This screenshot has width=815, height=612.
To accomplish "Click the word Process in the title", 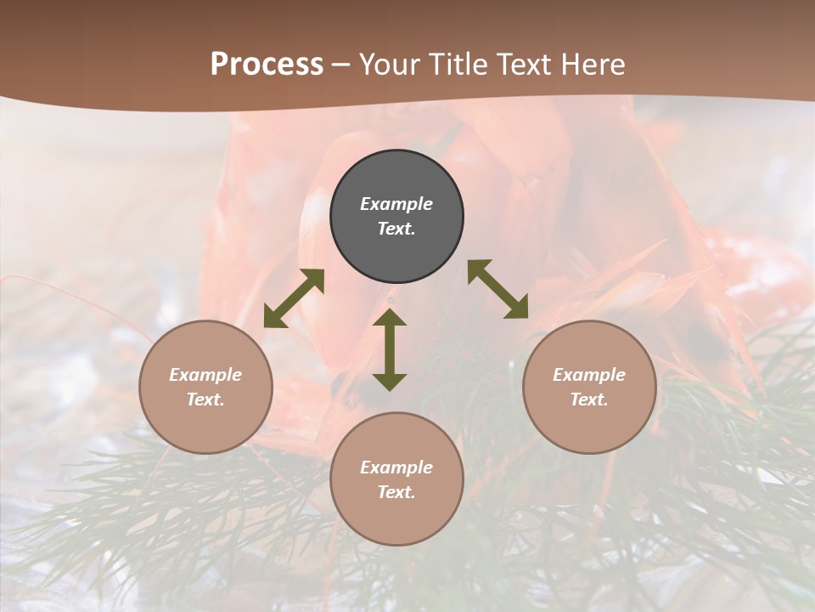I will tap(267, 65).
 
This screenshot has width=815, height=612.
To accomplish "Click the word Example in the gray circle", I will tap(396, 204).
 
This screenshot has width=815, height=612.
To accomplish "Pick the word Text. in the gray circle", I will tap(396, 229).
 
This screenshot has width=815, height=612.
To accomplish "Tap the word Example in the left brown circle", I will tap(205, 375).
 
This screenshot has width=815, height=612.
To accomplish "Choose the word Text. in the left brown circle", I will tap(205, 399).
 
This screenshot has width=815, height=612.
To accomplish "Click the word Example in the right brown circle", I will tap(589, 375).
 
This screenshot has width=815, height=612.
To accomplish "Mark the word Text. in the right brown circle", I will tap(589, 399).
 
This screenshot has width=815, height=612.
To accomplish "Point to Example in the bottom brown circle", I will tap(396, 467).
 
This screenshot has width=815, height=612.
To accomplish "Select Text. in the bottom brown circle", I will tap(396, 492).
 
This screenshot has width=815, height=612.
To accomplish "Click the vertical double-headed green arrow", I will tap(390, 348).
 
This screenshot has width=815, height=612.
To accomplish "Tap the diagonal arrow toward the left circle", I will tap(294, 298).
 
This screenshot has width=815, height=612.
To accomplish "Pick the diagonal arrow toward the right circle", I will tap(498, 290).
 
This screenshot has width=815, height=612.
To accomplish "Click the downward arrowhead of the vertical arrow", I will tap(390, 382).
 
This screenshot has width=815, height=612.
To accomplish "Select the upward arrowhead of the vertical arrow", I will tap(390, 317).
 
